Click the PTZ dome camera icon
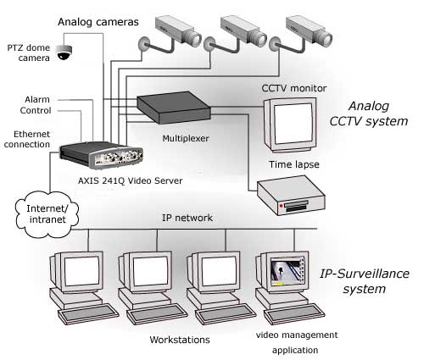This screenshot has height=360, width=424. [x=64, y=52]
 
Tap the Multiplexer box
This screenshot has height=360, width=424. [x=174, y=108]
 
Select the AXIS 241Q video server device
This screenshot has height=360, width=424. [x=101, y=155]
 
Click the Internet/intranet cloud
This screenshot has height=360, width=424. [x=47, y=214]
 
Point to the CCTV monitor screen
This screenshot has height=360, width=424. [x=293, y=123]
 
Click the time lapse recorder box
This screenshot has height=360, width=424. [x=291, y=196]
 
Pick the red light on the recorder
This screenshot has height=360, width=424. [x=282, y=206]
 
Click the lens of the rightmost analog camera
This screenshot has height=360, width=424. [x=326, y=39]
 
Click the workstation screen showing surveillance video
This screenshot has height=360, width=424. [x=287, y=273]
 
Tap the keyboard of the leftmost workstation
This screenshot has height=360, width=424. [x=88, y=313]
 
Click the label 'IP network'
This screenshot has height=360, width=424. [x=187, y=218]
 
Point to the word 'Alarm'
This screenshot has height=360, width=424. [x=37, y=99]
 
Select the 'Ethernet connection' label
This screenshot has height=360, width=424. [x=27, y=139]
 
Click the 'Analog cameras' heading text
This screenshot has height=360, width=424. [x=98, y=22]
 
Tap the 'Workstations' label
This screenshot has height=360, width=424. [x=180, y=340]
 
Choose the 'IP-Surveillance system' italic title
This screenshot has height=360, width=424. [x=365, y=281]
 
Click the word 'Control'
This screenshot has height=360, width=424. [x=36, y=110]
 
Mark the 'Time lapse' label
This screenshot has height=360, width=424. [x=294, y=164]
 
